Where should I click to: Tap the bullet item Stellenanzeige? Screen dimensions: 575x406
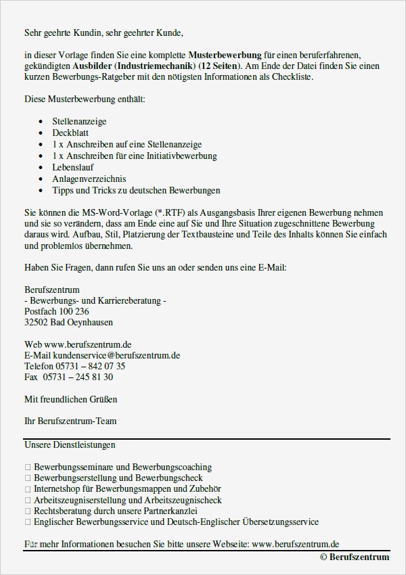pos(79,122)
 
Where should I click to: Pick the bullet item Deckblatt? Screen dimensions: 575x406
pos(70,133)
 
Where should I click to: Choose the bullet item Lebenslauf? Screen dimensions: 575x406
pos(73,167)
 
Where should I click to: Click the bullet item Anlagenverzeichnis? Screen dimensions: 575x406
pos(88,179)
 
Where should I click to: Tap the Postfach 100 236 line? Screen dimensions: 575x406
pos(56,311)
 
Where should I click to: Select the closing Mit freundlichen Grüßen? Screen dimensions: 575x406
pos(70,399)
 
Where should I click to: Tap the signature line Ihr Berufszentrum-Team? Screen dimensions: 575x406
pos(70,421)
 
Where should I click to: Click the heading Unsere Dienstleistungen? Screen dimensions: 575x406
pos(70,444)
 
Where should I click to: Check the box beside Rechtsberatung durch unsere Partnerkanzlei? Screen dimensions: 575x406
pos(28,511)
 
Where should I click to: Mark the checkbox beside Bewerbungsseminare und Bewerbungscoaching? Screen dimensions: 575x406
pos(28,467)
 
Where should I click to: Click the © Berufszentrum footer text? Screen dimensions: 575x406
pos(355,557)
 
